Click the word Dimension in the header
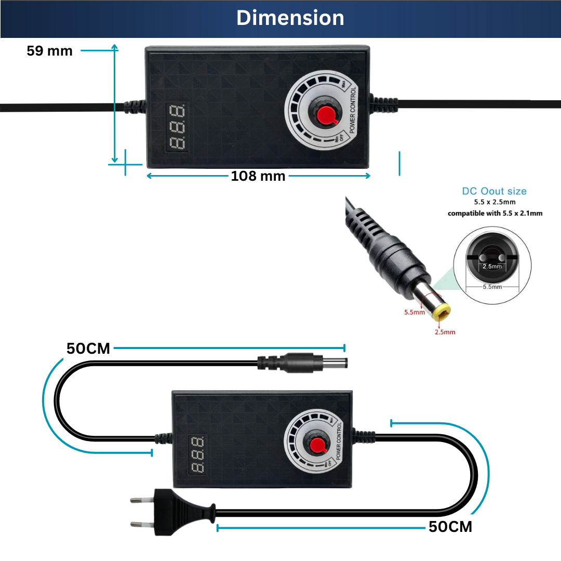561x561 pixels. [x=290, y=18]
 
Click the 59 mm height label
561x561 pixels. [x=49, y=51]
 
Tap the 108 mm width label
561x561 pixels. [x=258, y=176]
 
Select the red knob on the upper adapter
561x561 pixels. [x=326, y=115]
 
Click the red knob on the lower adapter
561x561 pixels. [x=317, y=445]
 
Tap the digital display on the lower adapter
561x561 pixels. [x=197, y=455]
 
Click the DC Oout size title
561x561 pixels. [x=494, y=191]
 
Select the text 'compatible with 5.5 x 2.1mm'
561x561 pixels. [x=495, y=213]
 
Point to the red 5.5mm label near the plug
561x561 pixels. [x=415, y=312]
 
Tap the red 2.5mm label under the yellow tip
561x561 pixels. [x=445, y=332]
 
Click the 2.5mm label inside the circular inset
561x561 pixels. [x=492, y=266]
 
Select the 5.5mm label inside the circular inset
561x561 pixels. [x=492, y=287]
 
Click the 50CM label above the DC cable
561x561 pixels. [x=88, y=349]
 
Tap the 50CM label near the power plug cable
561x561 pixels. [x=450, y=527]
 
